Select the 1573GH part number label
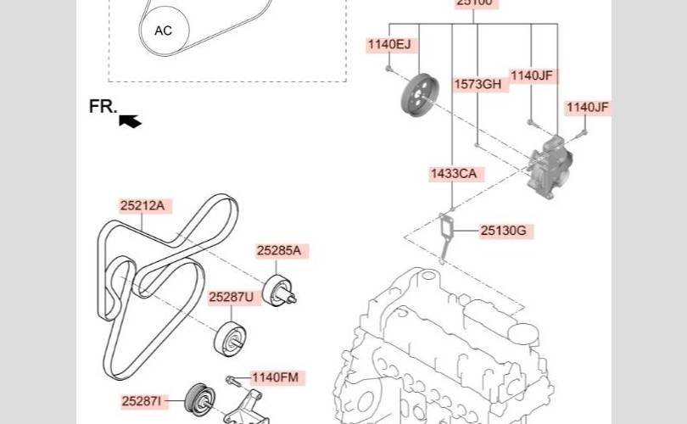pos(478,84)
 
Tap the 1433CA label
pos(453,174)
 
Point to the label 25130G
pos(504,230)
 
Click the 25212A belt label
pos(142,205)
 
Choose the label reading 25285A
pos(279,251)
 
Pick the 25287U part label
pos(231,297)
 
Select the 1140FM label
pos(275,377)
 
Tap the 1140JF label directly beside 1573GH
pos(532,76)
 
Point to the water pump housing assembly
pos(550,167)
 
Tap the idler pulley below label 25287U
pos(231,338)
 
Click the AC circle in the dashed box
pos(163,31)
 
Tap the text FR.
pos(103,107)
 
